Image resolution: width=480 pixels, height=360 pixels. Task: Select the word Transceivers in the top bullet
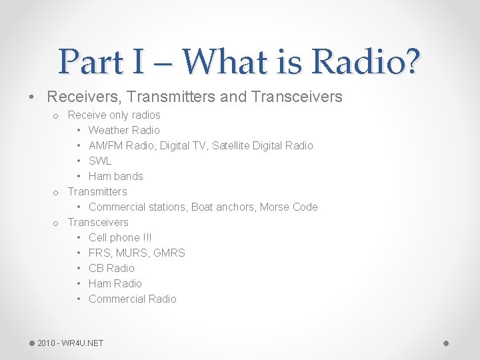[x=297, y=97]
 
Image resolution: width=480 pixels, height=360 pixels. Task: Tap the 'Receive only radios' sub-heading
[x=114, y=115]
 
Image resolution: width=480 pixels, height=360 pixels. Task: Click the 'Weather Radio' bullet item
[x=124, y=130]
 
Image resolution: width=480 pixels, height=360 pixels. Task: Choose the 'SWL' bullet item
[x=100, y=161]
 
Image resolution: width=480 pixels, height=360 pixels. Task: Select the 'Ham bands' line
[x=115, y=176]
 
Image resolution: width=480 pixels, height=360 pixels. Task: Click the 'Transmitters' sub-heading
[x=97, y=191]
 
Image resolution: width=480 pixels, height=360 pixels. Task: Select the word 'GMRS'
[x=169, y=253]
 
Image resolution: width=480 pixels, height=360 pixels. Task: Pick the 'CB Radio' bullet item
[x=111, y=268]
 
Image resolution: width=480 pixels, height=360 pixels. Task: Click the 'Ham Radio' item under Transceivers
[x=115, y=283]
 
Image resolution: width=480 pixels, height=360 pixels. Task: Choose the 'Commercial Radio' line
[x=132, y=299]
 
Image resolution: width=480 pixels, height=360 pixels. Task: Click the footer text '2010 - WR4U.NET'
[x=70, y=343]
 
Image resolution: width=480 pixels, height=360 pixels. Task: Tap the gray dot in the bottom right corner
[x=446, y=343]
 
